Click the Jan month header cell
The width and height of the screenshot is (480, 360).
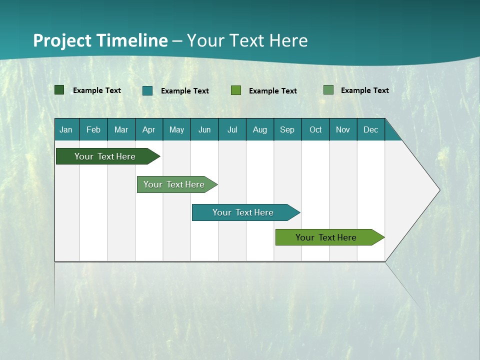[x=66, y=129]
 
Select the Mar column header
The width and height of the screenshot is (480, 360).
[x=121, y=129]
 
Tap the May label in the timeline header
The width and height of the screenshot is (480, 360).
[x=176, y=129]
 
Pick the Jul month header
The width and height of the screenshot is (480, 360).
[x=232, y=129]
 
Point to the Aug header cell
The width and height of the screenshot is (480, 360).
[x=259, y=129]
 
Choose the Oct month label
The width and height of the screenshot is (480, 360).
[x=315, y=129]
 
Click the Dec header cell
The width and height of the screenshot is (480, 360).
[x=370, y=129]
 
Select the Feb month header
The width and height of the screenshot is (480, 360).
[x=93, y=129]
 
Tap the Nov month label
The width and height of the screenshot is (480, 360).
[x=342, y=129]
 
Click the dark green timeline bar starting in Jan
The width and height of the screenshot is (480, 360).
[x=105, y=156]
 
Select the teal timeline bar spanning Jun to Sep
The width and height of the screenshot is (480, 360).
[x=243, y=212]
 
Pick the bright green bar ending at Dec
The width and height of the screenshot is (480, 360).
[x=326, y=237]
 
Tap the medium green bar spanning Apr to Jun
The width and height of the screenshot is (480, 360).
[x=174, y=184]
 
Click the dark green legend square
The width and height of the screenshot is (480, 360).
[x=59, y=90]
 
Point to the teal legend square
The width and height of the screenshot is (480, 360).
[x=147, y=90]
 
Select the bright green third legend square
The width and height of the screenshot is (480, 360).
[x=236, y=90]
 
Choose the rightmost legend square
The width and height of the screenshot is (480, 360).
[x=328, y=90]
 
